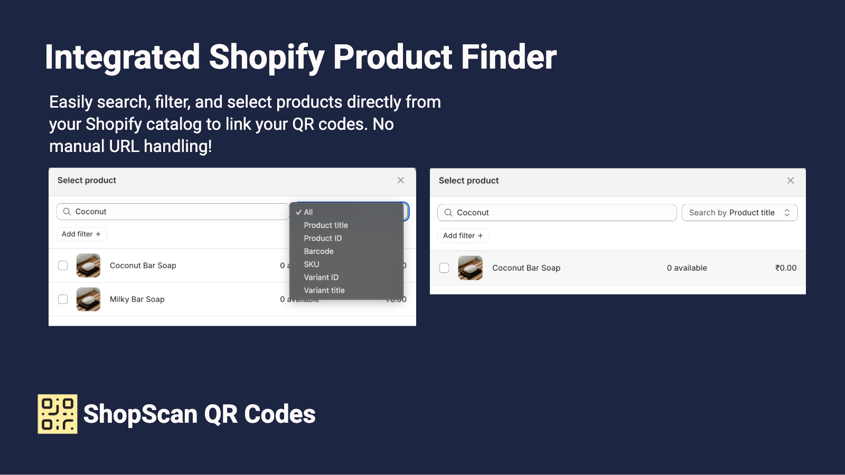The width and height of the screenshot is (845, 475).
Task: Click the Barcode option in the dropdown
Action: pos(318,251)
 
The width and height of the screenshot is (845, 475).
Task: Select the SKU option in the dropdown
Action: pos(312,264)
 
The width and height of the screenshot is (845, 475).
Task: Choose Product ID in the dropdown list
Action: pos(323,238)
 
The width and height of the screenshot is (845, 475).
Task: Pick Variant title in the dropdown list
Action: pos(324,290)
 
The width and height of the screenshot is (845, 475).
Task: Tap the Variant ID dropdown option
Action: pos(321,277)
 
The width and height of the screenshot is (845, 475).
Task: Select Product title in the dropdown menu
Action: pos(326,225)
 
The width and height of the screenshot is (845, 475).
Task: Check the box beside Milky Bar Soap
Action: pos(63,299)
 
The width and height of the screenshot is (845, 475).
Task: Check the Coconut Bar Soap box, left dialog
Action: pos(63,265)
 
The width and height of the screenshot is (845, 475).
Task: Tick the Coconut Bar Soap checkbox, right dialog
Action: pos(444,268)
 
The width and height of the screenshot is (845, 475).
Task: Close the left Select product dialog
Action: pos(401,180)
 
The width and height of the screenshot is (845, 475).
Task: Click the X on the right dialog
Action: pos(791,180)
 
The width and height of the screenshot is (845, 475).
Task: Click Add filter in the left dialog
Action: pos(81,234)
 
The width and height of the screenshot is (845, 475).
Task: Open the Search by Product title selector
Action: pos(739,213)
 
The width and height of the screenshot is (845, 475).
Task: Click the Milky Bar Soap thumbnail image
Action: pos(88,299)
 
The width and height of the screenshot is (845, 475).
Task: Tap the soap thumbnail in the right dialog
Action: pos(470,268)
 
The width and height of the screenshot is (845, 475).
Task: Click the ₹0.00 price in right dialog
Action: pos(786,268)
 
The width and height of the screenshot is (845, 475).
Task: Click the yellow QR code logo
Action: pos(58,414)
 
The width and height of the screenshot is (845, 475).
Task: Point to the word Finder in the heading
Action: pos(509,57)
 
